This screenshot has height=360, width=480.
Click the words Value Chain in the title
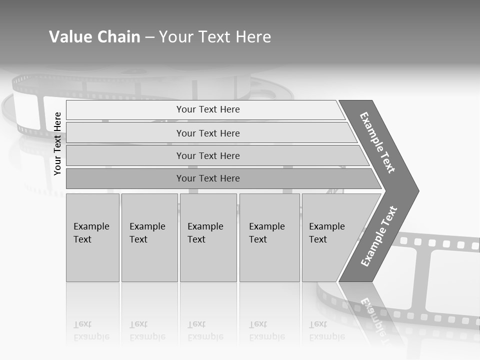pyautogui.click(x=94, y=37)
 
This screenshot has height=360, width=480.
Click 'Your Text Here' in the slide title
pyautogui.click(x=215, y=37)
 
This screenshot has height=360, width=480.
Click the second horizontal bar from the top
pyautogui.click(x=207, y=133)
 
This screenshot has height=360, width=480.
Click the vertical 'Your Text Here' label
pyautogui.click(x=57, y=143)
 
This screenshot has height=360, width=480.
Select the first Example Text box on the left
pyautogui.click(x=92, y=237)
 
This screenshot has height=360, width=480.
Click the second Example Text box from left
pyautogui.click(x=149, y=237)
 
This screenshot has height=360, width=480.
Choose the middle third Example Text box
pyautogui.click(x=208, y=237)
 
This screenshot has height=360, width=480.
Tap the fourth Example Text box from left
pyautogui.click(x=269, y=237)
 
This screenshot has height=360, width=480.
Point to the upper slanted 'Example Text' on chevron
pyautogui.click(x=377, y=142)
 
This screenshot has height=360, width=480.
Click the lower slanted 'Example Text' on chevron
pyautogui.click(x=378, y=236)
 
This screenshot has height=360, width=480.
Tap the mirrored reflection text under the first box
pyautogui.click(x=91, y=330)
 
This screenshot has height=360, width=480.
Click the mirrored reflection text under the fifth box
pyautogui.click(x=326, y=330)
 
